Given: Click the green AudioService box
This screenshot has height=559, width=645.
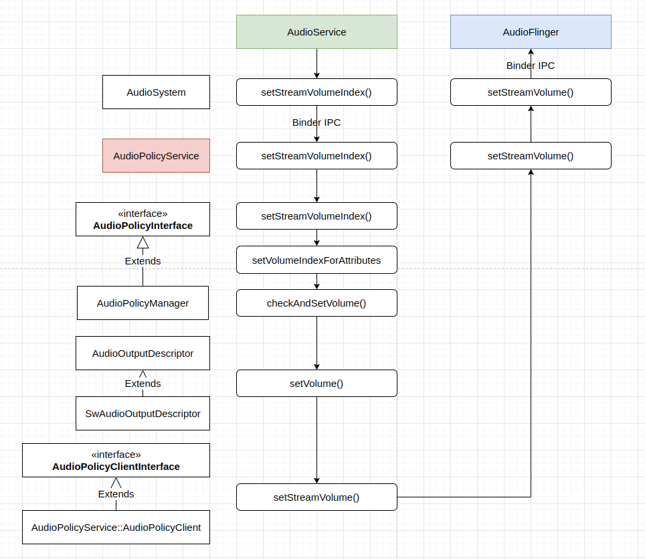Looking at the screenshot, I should tap(316, 32).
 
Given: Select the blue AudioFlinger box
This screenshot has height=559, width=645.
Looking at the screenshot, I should tap(531, 32).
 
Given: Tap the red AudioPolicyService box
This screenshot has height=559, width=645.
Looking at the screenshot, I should tap(156, 156).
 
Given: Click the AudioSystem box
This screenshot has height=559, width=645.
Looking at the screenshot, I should tap(156, 92).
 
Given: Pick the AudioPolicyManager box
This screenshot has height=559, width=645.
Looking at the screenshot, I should tap(143, 303).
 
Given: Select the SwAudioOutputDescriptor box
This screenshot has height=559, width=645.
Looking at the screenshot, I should tap(143, 414).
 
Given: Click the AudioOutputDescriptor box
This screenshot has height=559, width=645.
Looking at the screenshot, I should tap(143, 353).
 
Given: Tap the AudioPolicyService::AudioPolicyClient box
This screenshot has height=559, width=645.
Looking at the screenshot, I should tap(116, 528).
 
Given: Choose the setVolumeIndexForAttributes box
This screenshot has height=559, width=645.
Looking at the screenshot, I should tap(316, 260).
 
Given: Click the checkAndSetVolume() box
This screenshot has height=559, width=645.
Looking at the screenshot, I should tap(316, 303).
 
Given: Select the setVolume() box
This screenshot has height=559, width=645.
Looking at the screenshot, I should tap(316, 384).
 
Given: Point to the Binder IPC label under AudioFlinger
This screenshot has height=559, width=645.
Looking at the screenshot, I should tap(531, 66).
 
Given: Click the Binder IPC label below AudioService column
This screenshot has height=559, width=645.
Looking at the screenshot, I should tap(316, 123).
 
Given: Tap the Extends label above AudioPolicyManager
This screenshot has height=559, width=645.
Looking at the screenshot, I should tap(143, 261).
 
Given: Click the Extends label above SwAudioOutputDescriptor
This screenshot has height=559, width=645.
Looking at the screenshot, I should tap(143, 384).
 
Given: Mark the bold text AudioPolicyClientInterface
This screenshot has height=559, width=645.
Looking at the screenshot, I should tap(116, 467).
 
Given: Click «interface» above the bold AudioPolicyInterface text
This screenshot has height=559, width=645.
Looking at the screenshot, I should tap(143, 214).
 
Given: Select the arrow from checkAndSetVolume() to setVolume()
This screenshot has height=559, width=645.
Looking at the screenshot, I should tap(316, 343).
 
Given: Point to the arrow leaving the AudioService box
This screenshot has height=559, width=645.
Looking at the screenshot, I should tap(316, 64).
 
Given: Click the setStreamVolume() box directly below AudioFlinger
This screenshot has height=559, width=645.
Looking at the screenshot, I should tap(531, 92).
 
